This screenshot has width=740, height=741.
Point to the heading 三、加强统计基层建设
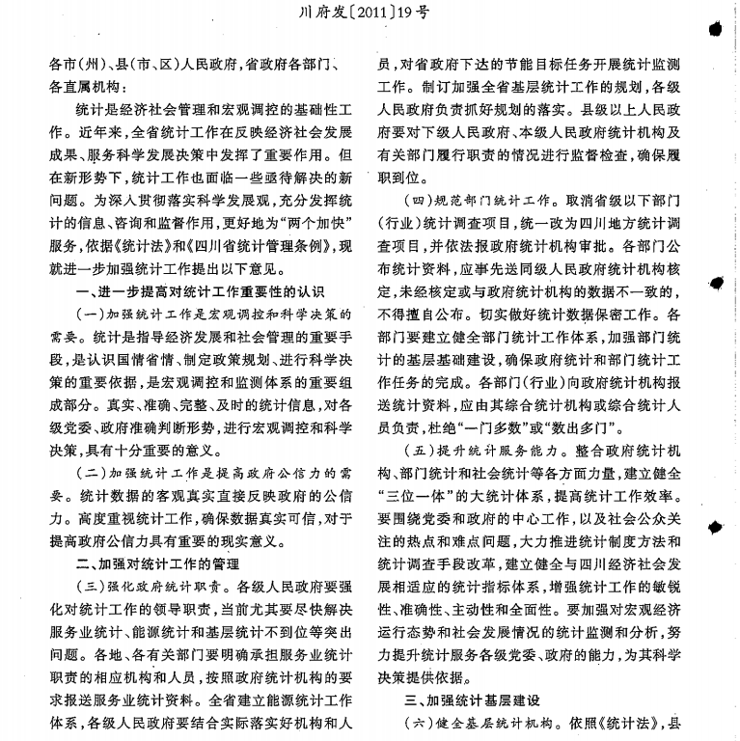(x=469, y=700)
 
